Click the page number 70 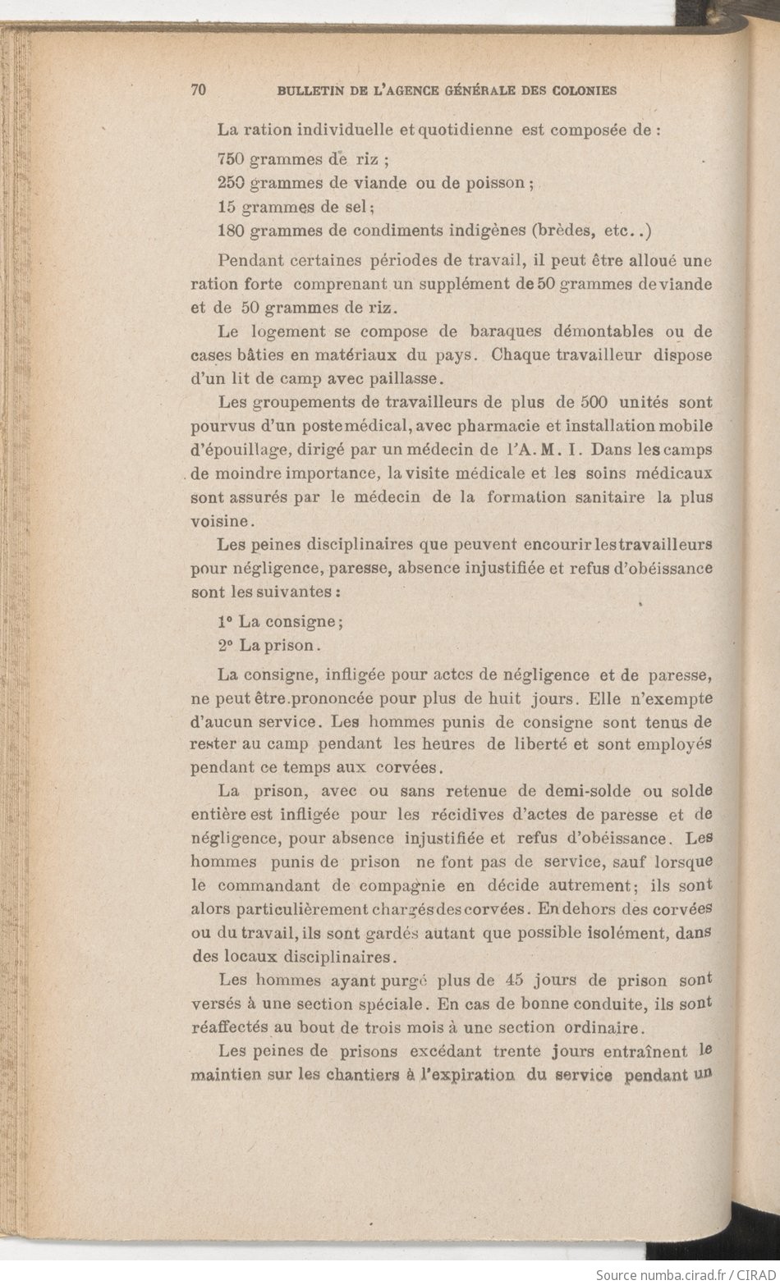coord(198,90)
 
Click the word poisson coord(495,183)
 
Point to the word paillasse coord(404,379)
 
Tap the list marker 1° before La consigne coord(226,622)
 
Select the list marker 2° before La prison coord(226,646)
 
